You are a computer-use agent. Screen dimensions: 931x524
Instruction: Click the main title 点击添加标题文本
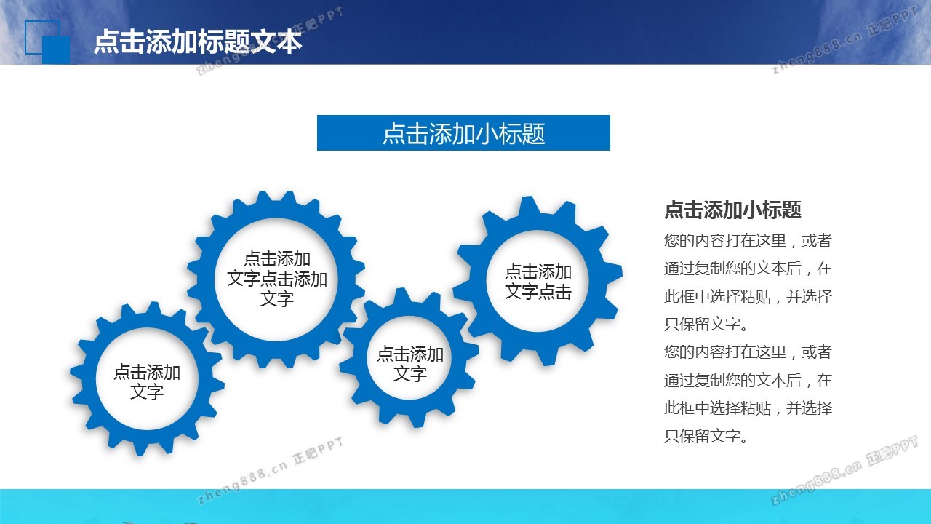pyautogui.click(x=198, y=41)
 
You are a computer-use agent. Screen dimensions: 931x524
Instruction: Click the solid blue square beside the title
pyautogui.click(x=56, y=50)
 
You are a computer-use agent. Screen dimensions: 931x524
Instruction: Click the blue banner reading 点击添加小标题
pyautogui.click(x=463, y=132)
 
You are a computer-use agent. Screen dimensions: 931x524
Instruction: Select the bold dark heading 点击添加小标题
pyautogui.click(x=732, y=210)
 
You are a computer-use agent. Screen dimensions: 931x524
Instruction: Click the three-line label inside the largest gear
pyautogui.click(x=277, y=279)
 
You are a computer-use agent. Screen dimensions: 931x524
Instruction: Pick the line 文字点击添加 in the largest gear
pyautogui.click(x=277, y=279)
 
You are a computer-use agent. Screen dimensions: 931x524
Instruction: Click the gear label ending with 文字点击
pyautogui.click(x=538, y=282)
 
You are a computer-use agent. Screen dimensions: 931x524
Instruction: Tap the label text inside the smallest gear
pyautogui.click(x=410, y=364)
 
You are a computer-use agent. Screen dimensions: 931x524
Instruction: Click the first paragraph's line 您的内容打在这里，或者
pyautogui.click(x=748, y=241)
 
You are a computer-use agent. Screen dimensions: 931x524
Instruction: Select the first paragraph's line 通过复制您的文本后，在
pyautogui.click(x=748, y=269)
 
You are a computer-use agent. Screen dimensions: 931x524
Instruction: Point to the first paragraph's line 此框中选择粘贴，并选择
pyautogui.click(x=748, y=297)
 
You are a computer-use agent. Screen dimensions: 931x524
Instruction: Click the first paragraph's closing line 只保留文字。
pyautogui.click(x=706, y=325)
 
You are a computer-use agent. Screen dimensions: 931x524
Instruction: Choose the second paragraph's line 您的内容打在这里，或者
pyautogui.click(x=748, y=352)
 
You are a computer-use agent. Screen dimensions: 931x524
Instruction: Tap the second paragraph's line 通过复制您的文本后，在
pyautogui.click(x=748, y=380)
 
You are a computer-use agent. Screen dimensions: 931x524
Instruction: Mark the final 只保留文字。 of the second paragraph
pyautogui.click(x=706, y=436)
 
